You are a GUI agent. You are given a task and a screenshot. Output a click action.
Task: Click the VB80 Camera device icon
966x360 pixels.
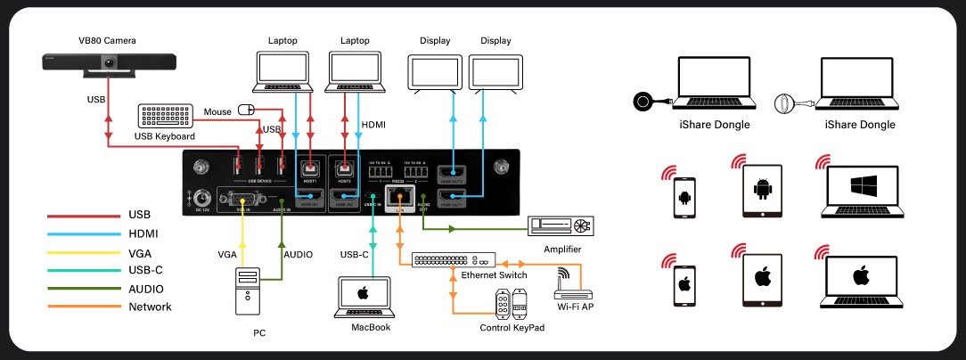[x=110, y=63]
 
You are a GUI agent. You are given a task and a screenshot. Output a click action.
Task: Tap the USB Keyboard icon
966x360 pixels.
[x=165, y=117]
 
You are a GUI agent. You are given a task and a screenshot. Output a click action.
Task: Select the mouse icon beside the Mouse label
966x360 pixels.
[x=246, y=110]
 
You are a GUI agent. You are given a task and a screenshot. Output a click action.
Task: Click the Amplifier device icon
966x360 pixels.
[x=561, y=226]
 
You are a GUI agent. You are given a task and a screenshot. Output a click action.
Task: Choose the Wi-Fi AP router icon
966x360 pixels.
[x=569, y=286]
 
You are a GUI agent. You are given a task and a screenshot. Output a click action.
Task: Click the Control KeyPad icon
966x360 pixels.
[x=512, y=306]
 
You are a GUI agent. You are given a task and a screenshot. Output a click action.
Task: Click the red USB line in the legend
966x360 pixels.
[x=83, y=215]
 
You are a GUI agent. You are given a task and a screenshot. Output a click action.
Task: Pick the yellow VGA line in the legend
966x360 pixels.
[x=83, y=251]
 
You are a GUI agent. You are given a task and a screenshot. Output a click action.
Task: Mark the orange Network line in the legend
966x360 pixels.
[x=83, y=307]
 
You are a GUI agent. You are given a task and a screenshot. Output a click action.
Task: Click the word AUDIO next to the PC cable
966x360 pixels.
[x=298, y=255]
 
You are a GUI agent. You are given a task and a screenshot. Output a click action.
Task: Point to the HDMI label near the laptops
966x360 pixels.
[x=374, y=126]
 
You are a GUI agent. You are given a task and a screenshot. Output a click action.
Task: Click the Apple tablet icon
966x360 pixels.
[x=762, y=276]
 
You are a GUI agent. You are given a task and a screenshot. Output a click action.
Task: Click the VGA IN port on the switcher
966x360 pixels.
[x=241, y=201]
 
